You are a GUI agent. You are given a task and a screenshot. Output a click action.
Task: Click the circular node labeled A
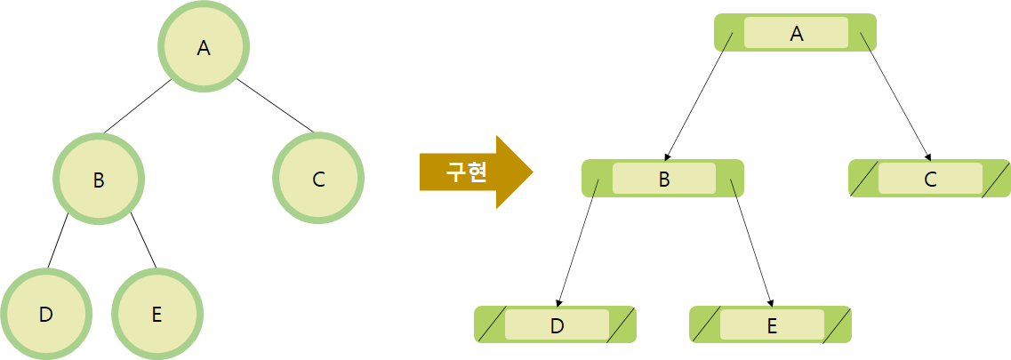point(204,47)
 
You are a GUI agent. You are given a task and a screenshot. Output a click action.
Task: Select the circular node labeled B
point(99,179)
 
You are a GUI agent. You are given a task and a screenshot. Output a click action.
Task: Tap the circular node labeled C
point(319,179)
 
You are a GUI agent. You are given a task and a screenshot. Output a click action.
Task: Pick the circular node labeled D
point(46,314)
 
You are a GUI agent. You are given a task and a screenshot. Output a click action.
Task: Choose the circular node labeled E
point(157,314)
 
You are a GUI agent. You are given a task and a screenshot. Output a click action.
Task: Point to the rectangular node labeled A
point(796,33)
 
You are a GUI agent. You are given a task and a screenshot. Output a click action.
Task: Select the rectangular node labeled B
point(663,179)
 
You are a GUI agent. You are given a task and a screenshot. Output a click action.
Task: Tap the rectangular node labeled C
point(930,179)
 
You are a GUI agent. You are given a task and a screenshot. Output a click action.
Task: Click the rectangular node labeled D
point(557,324)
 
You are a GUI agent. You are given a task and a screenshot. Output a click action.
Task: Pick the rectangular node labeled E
point(771,324)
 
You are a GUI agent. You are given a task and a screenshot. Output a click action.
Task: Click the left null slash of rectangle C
point(863,179)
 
